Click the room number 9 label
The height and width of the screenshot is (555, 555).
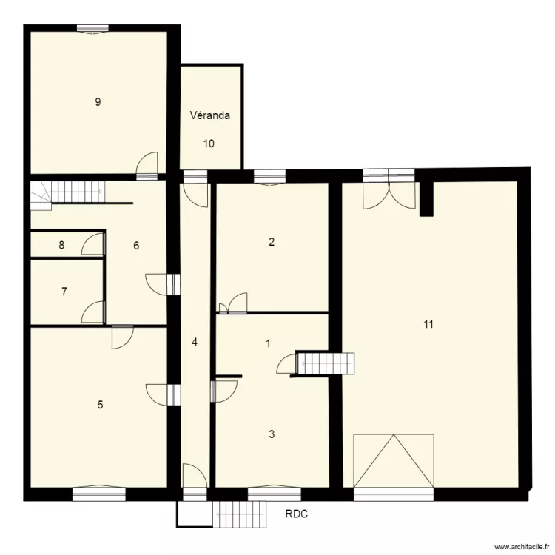coord(98,102)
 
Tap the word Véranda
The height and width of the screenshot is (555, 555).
coord(210,115)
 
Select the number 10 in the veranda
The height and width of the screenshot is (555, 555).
coord(209,144)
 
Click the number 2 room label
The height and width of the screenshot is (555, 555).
coord(272,241)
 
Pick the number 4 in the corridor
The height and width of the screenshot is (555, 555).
coord(195,342)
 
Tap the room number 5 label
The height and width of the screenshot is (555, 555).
coord(101,405)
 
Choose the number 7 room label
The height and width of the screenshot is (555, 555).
coord(64,292)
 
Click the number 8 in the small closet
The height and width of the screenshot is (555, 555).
coord(62,244)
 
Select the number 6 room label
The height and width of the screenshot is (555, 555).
coord(136,246)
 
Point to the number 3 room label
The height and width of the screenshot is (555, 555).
coord(272,434)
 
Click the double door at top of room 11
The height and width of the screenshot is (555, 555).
coord(388,191)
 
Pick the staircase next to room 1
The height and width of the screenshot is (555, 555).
coord(325,363)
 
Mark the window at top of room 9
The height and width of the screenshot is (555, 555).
coord(93,29)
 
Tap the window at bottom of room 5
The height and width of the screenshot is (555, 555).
coord(94,490)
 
